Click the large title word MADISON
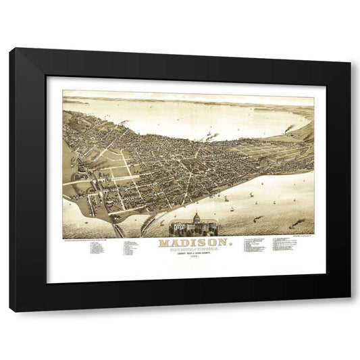pyautogui.click(x=192, y=243)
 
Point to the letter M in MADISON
pyautogui.click(x=163, y=243)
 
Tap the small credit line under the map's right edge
pyautogui.click(x=297, y=238)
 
